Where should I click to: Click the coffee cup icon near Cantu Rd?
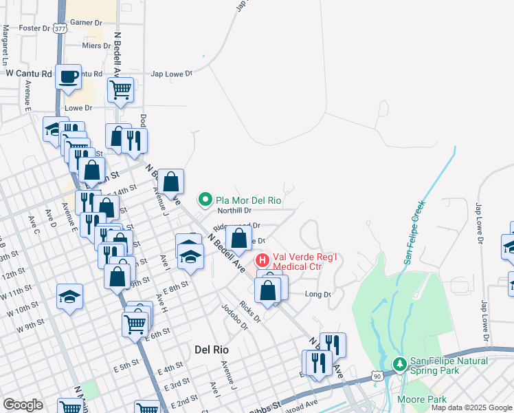[68, 78]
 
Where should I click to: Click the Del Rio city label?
[211, 349]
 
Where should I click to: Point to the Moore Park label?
[421, 399]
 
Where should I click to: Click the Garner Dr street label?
[86, 22]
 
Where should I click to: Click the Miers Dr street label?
[96, 45]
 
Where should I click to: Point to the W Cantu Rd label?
[29, 73]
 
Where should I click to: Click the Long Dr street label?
[318, 295]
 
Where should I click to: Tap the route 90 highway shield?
[376, 376]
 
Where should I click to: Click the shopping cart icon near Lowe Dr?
[121, 89]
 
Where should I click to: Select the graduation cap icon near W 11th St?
[70, 296]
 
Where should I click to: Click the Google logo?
[23, 404]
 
